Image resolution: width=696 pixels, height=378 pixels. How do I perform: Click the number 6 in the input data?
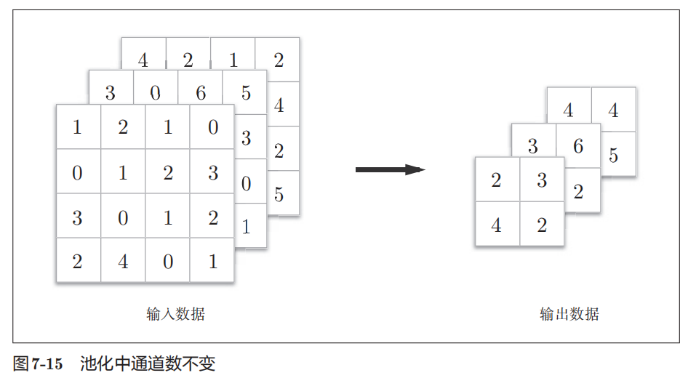tap(201, 93)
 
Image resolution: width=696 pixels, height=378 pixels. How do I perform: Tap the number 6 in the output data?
tap(578, 146)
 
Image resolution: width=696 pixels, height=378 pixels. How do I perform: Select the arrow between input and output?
tap(390, 169)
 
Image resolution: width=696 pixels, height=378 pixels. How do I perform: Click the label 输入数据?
tap(175, 314)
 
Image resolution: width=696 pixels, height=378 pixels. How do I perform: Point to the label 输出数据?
tap(569, 314)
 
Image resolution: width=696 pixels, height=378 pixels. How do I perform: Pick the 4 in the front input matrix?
tap(123, 261)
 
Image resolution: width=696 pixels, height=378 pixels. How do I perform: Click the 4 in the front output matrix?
tap(496, 225)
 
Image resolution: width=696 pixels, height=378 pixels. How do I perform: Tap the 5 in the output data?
tap(613, 156)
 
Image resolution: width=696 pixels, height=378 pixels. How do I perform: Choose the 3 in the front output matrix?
tap(542, 180)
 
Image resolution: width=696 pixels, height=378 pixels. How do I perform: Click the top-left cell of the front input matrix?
tap(78, 128)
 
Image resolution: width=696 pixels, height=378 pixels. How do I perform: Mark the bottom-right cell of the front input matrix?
tap(212, 261)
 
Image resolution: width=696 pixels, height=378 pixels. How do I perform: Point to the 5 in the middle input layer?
tap(246, 93)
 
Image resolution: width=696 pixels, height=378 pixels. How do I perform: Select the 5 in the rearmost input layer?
tap(279, 195)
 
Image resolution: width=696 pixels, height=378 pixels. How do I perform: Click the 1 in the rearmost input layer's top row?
tap(233, 60)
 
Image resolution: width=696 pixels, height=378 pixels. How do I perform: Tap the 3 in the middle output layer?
tap(532, 147)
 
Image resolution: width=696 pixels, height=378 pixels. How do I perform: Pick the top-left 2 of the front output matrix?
tap(496, 180)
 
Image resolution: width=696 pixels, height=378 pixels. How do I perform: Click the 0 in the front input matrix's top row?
tap(212, 128)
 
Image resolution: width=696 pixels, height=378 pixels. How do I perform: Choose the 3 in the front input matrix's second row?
tap(212, 172)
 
